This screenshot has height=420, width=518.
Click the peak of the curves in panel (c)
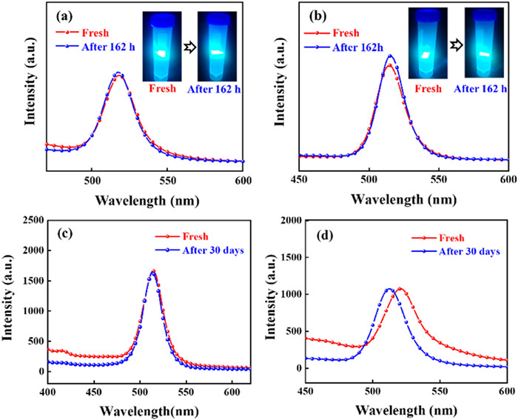153,272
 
